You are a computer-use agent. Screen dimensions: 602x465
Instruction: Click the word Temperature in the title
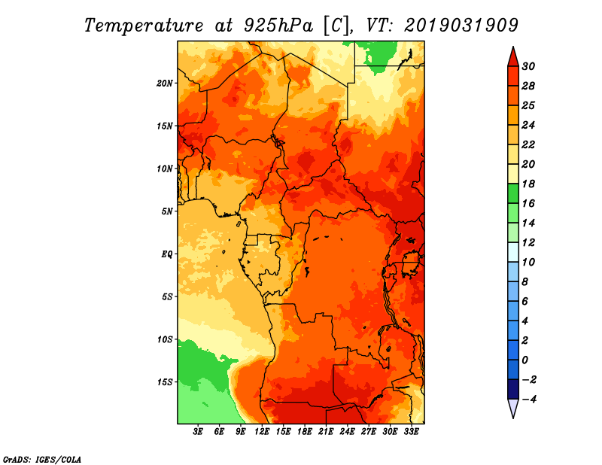coord(144,26)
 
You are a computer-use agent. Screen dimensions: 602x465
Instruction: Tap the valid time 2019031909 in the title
coord(461,26)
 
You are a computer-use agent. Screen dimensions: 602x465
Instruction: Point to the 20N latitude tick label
coord(165,84)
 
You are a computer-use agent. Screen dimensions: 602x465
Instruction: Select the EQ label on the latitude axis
coord(167,254)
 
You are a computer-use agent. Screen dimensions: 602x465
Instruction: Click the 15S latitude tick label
coord(165,382)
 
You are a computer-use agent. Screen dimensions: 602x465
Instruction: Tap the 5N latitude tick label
coord(167,211)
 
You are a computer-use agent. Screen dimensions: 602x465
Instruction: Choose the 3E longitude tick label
coord(198,431)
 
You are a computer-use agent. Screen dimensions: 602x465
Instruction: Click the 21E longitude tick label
coord(326,431)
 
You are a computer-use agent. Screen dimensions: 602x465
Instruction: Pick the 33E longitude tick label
coord(411,431)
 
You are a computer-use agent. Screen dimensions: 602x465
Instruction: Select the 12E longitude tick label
coord(262,431)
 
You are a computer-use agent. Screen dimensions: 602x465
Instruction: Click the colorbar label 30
coord(528,66)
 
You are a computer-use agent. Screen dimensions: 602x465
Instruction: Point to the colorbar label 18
coord(528,184)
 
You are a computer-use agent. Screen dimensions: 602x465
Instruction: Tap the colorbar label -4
coord(529,400)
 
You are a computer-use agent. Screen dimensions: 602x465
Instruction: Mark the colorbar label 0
coord(525,360)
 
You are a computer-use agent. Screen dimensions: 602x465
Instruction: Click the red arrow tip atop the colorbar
coord(513,47)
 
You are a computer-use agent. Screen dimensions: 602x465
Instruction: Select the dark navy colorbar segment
coord(513,389)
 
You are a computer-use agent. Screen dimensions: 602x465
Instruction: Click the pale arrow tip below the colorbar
coord(513,418)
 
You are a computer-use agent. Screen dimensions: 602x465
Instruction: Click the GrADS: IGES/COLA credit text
coord(42,460)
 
